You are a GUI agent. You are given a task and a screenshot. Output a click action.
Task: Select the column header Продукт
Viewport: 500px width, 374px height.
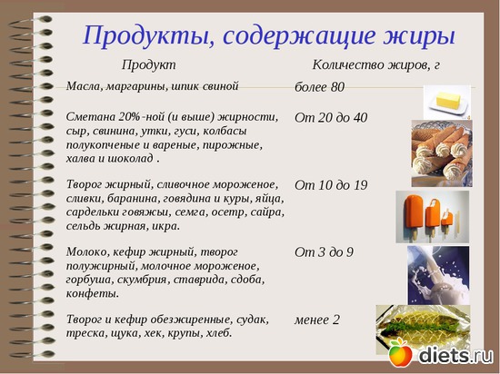(x=148, y=65)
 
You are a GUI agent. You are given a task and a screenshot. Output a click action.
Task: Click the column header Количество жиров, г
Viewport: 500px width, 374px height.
(x=375, y=65)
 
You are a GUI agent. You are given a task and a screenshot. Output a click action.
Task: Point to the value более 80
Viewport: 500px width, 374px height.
(x=319, y=87)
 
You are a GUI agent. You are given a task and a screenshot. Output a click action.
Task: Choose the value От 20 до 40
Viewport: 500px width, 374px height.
(x=331, y=118)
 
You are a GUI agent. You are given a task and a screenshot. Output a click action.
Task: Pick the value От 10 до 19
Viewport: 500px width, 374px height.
(x=331, y=185)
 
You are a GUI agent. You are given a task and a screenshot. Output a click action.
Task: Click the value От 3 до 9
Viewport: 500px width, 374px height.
(x=324, y=251)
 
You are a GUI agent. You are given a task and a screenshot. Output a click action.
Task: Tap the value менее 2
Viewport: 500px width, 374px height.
(x=316, y=320)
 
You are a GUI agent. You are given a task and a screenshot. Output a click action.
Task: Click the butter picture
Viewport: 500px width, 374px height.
(x=447, y=100)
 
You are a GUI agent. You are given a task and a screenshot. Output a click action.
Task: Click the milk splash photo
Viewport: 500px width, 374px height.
(x=437, y=274)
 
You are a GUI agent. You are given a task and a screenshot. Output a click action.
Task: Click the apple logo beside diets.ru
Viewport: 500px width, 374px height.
(x=400, y=354)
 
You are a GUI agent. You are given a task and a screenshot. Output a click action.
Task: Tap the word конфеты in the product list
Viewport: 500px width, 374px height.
(x=93, y=293)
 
